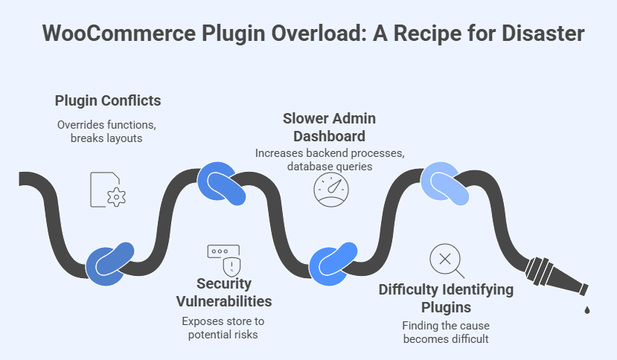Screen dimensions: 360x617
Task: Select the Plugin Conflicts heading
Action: click(x=108, y=100)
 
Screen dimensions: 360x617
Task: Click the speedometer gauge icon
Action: click(x=328, y=190)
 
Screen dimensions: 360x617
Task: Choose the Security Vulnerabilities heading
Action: click(x=223, y=292)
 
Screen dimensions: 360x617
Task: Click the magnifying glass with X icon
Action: click(x=445, y=260)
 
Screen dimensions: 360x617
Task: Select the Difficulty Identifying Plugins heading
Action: click(x=445, y=298)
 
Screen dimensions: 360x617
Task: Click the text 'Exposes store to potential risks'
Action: click(x=223, y=328)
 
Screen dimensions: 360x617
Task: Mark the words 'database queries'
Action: click(x=329, y=166)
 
